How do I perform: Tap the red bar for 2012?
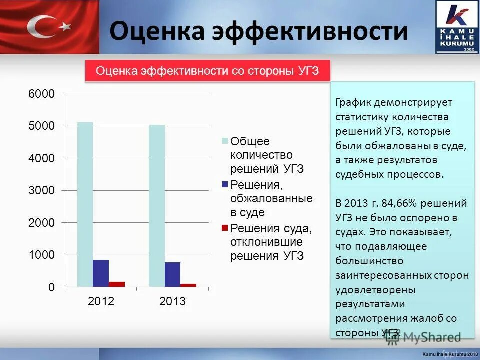(x=116, y=284)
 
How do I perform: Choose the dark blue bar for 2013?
(x=172, y=274)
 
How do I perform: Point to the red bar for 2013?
(x=188, y=285)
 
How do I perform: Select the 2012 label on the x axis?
(x=101, y=302)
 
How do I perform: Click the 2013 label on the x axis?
(x=172, y=302)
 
